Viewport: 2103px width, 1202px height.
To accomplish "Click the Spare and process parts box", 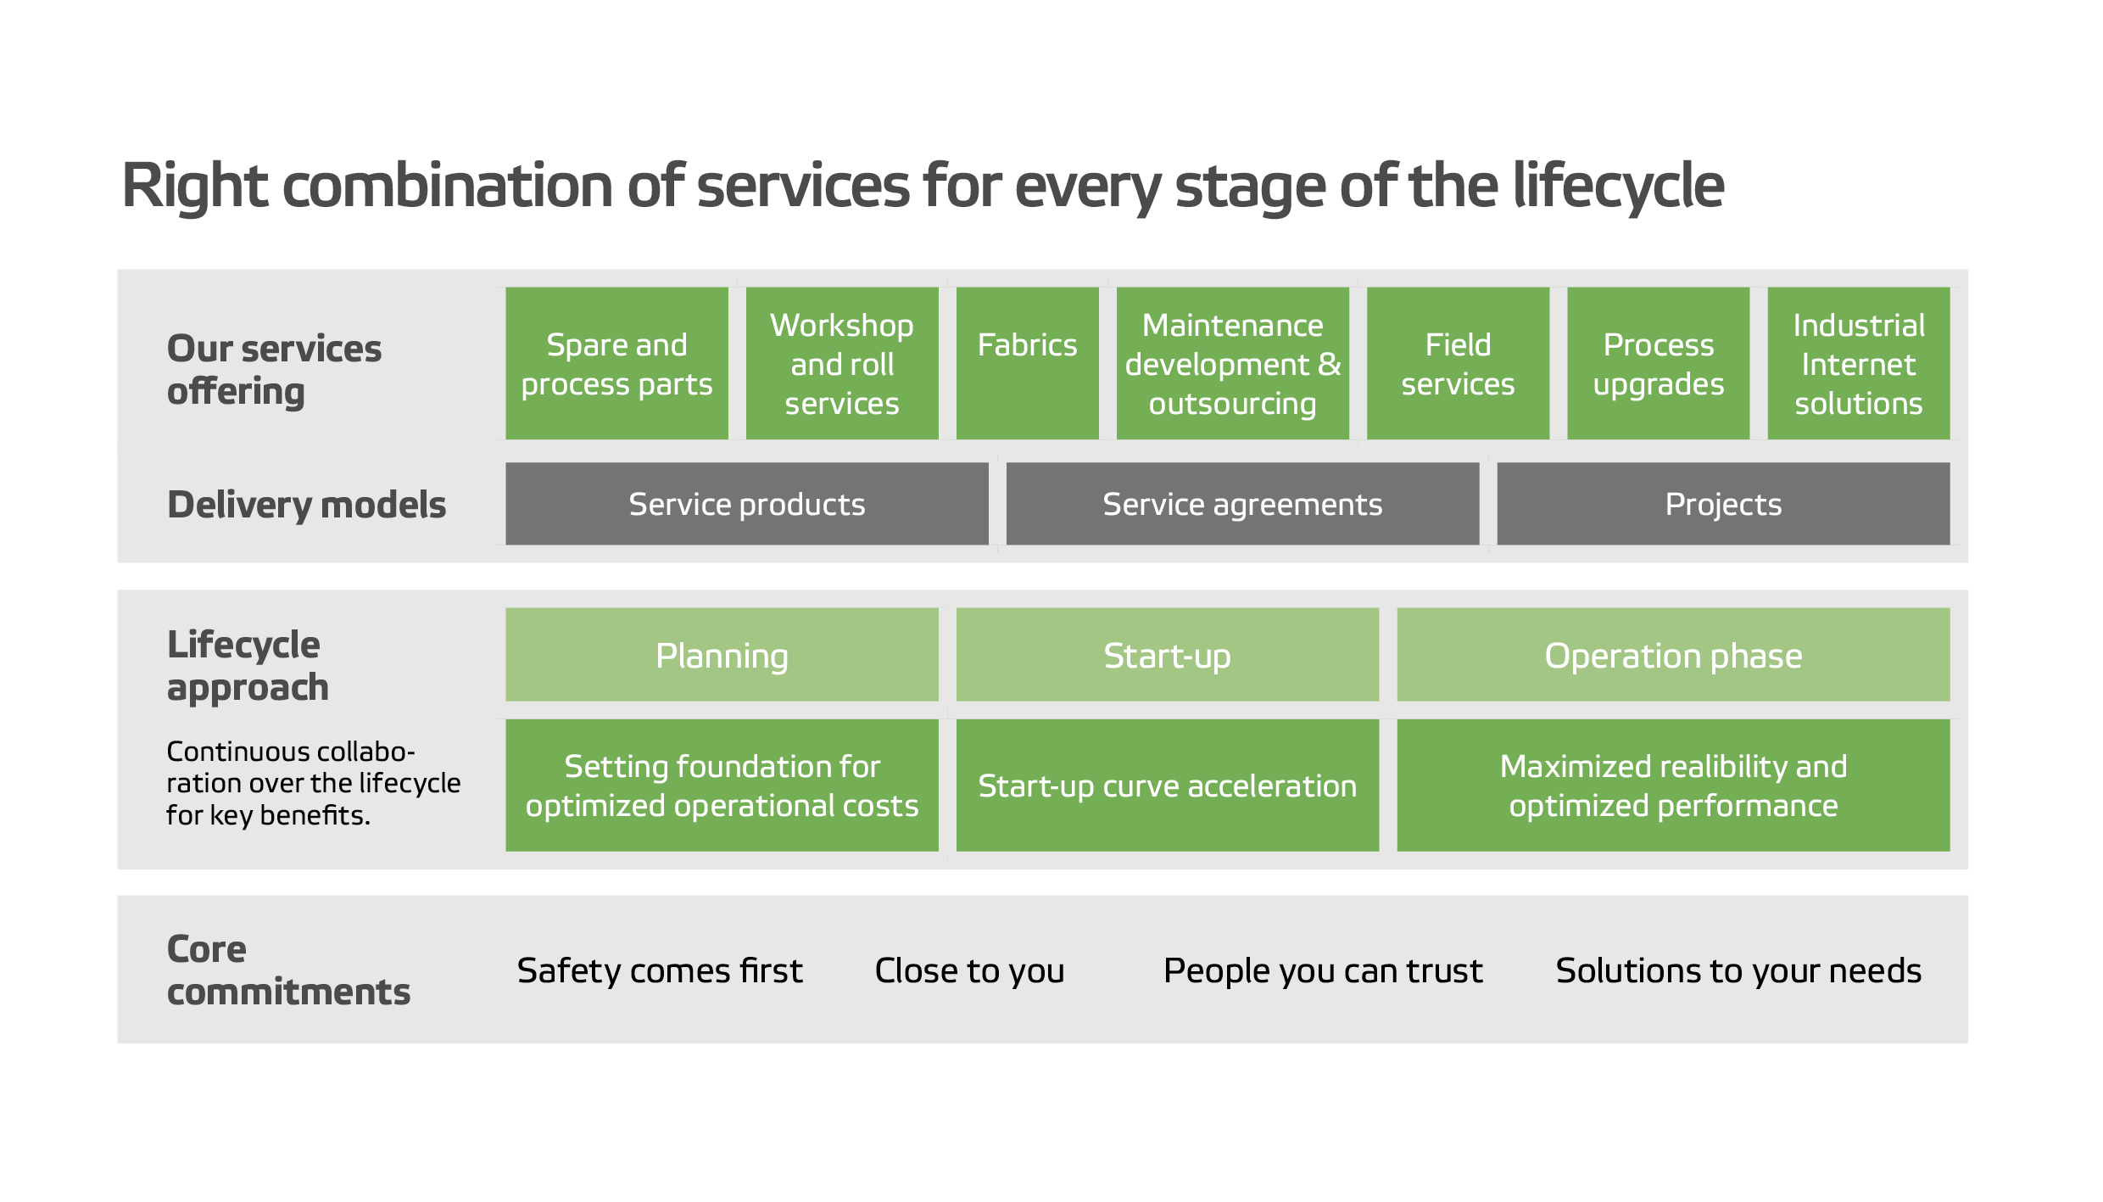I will pos(616,363).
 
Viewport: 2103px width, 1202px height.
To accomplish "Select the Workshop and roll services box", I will pos(842,363).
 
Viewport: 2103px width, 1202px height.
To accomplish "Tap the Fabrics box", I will pos(1027,363).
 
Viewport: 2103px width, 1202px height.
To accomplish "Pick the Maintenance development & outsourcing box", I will pos(1232,363).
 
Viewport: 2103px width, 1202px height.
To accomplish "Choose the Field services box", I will pos(1458,363).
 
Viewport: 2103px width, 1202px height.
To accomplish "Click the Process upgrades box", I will pos(1658,363).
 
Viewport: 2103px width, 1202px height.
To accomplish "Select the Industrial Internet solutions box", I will pos(1858,363).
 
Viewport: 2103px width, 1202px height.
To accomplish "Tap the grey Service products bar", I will pos(746,504).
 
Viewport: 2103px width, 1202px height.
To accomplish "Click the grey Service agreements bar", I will pos(1242,504).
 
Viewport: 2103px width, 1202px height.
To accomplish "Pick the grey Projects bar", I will pos(1723,504).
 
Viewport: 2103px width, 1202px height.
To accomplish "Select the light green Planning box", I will pos(722,655).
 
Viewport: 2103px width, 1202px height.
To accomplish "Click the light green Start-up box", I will pos(1167,655).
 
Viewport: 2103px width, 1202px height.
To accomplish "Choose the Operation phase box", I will pos(1673,655).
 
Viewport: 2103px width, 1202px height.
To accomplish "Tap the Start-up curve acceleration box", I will pos(1167,785).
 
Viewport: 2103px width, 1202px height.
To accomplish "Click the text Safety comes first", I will pos(660,970).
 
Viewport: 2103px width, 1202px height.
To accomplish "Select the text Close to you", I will pos(969,970).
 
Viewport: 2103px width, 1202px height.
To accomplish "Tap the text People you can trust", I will pos(1323,970).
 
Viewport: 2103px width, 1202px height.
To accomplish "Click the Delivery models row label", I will pos(306,505).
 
